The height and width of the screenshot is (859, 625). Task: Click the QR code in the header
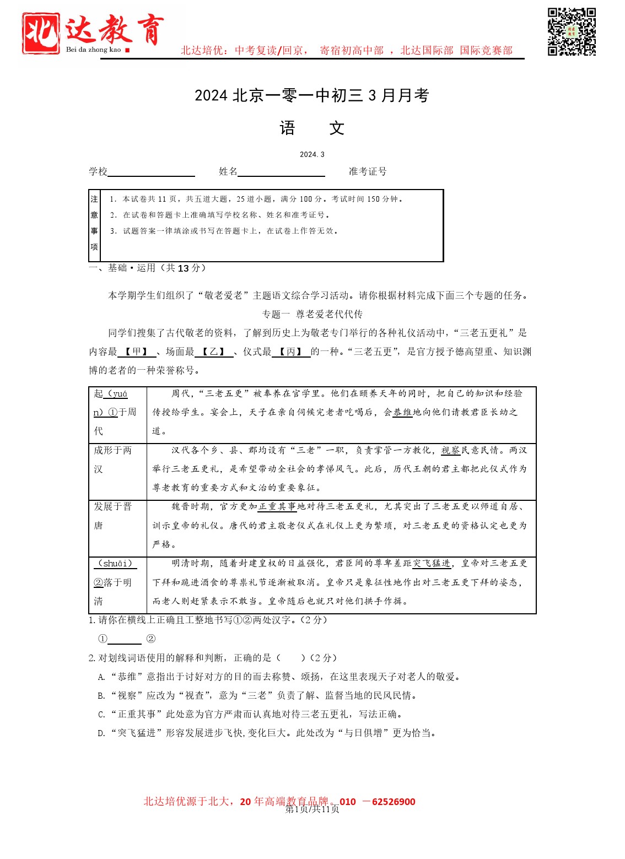tap(572, 31)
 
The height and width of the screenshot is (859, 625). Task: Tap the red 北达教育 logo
tap(93, 33)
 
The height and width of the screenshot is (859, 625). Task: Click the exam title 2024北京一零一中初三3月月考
tap(311, 95)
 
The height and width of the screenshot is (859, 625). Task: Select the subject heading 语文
tap(311, 128)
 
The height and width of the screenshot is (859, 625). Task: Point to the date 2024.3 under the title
tap(312, 154)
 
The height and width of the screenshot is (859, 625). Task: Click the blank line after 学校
tap(151, 172)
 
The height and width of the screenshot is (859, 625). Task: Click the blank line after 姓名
tap(281, 172)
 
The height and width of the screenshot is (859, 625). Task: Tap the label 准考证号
tap(368, 171)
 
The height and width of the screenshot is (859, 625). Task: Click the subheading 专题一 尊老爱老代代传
tap(312, 314)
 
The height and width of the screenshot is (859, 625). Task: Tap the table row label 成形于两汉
tap(112, 460)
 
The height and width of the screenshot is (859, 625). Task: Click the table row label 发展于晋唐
tap(112, 516)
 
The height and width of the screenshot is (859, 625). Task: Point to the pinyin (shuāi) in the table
tap(115, 563)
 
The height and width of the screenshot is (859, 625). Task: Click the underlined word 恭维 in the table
tap(402, 412)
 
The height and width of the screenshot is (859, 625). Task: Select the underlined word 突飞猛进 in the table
tap(432, 563)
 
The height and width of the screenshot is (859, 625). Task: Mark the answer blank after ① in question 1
tap(125, 639)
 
